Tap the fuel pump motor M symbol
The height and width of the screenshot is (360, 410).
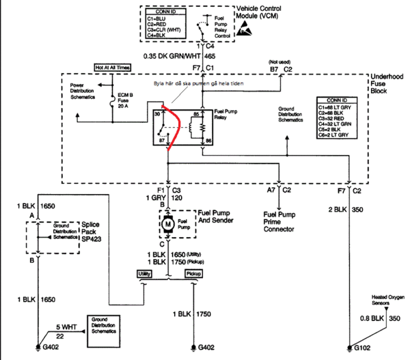[166, 223]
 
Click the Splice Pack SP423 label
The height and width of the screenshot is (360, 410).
[90, 232]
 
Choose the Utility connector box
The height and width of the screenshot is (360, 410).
[143, 273]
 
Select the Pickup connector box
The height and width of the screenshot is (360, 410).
[194, 273]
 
